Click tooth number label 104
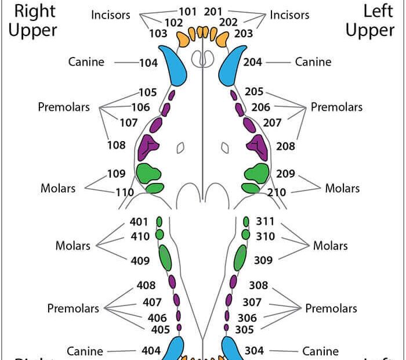(148, 63)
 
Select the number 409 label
(140, 261)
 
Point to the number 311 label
(265, 222)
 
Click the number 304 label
(254, 351)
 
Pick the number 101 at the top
(187, 12)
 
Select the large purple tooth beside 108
(150, 146)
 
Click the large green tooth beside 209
(257, 172)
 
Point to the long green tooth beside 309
(240, 257)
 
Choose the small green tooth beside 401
(160, 222)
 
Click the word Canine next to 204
(313, 62)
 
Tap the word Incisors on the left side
(110, 15)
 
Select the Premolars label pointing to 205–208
(336, 107)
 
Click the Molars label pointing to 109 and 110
(58, 188)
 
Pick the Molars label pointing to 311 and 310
(331, 245)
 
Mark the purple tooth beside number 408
(172, 282)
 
